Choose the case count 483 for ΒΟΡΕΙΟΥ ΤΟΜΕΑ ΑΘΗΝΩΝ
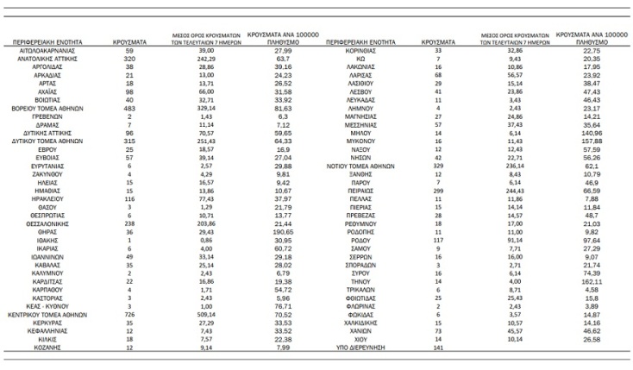tap(131, 108)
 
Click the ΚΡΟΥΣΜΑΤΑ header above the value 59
tap(131, 40)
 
